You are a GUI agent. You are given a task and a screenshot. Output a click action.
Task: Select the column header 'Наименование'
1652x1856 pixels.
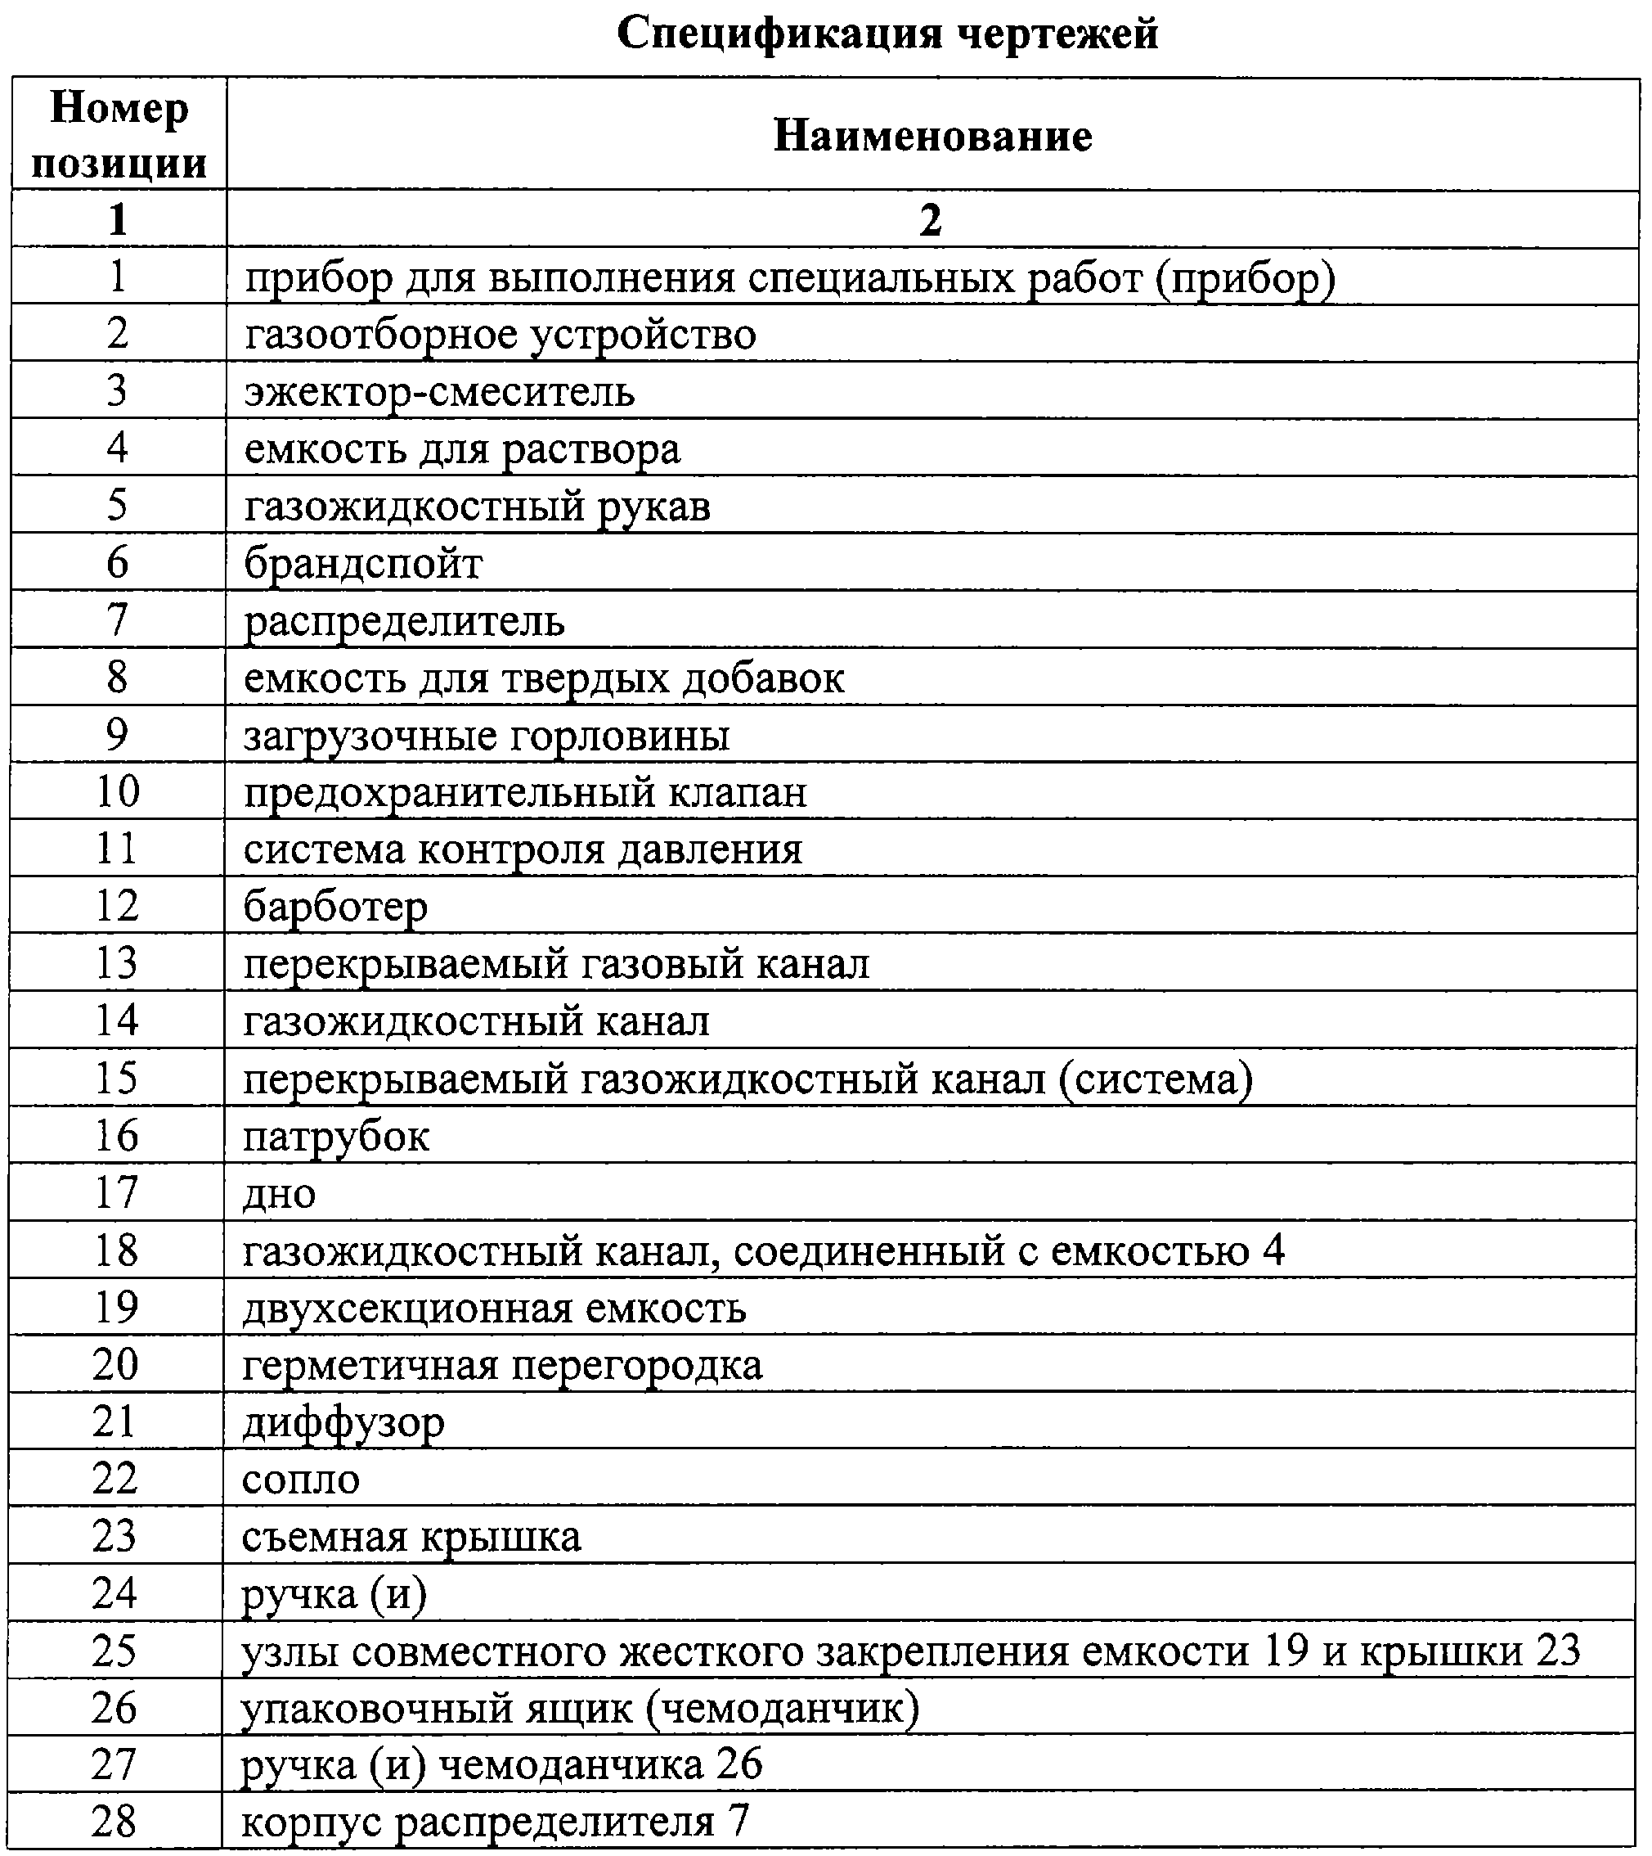point(932,136)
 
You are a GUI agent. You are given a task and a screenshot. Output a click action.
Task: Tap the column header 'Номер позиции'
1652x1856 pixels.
point(119,135)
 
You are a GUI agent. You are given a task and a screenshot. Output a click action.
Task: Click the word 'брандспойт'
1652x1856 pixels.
point(363,564)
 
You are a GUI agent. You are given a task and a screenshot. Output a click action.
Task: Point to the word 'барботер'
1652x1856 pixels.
point(335,907)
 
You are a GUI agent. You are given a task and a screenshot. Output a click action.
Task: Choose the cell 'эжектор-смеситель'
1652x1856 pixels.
point(439,392)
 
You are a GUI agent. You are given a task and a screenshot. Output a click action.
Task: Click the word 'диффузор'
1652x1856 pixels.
point(343,1422)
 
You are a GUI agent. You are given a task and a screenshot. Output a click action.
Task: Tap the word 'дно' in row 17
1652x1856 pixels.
point(279,1194)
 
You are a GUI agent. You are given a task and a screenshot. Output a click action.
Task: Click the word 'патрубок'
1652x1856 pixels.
point(335,1137)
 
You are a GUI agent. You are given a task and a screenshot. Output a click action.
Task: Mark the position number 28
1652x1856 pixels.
point(114,1822)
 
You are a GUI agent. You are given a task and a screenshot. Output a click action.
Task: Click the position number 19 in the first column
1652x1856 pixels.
point(116,1308)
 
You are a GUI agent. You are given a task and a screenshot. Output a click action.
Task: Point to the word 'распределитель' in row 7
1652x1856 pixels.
point(404,622)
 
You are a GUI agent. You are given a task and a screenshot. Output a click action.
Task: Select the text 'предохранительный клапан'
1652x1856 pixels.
point(525,793)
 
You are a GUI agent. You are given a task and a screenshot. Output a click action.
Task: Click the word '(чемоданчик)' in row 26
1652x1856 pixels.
point(783,1708)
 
